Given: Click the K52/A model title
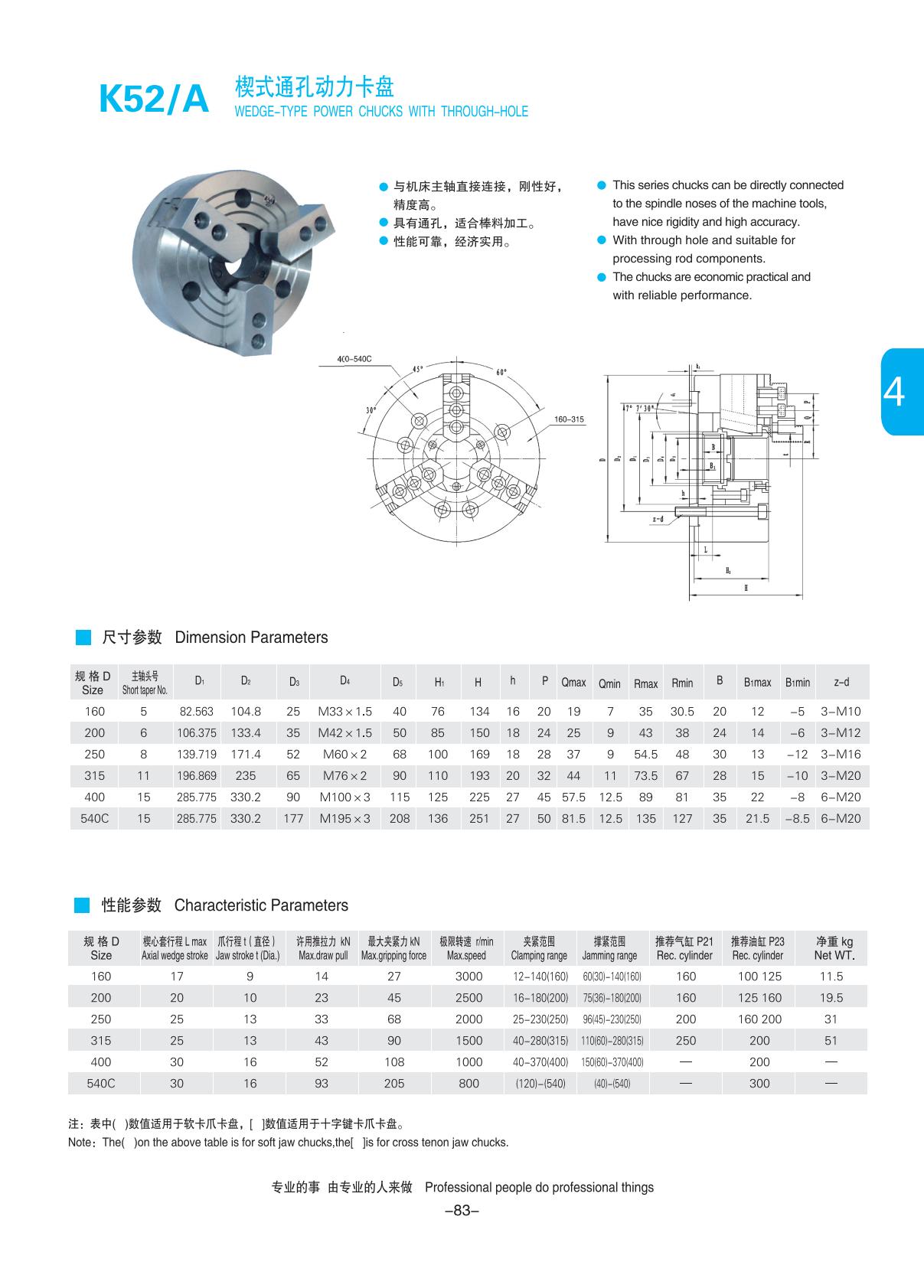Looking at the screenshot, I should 153,99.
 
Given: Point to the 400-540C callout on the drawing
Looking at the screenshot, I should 354,359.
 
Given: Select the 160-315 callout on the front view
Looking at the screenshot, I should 569,419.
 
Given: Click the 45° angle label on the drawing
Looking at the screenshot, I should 418,368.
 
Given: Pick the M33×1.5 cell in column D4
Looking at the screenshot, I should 344,711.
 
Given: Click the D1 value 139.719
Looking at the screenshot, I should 197,754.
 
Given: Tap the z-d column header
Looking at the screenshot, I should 841,682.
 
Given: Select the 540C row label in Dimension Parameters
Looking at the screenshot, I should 95,818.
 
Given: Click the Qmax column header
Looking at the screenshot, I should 573,682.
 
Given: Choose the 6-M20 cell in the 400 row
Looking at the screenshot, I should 841,797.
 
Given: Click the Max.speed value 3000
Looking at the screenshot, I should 469,976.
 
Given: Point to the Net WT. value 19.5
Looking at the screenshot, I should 831,997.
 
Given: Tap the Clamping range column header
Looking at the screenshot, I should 539,948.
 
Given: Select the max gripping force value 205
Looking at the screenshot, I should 394,1083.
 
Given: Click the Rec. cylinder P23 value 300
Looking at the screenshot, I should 759,1083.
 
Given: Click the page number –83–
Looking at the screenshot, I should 462,1210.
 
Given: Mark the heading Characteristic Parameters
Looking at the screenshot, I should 261,905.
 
